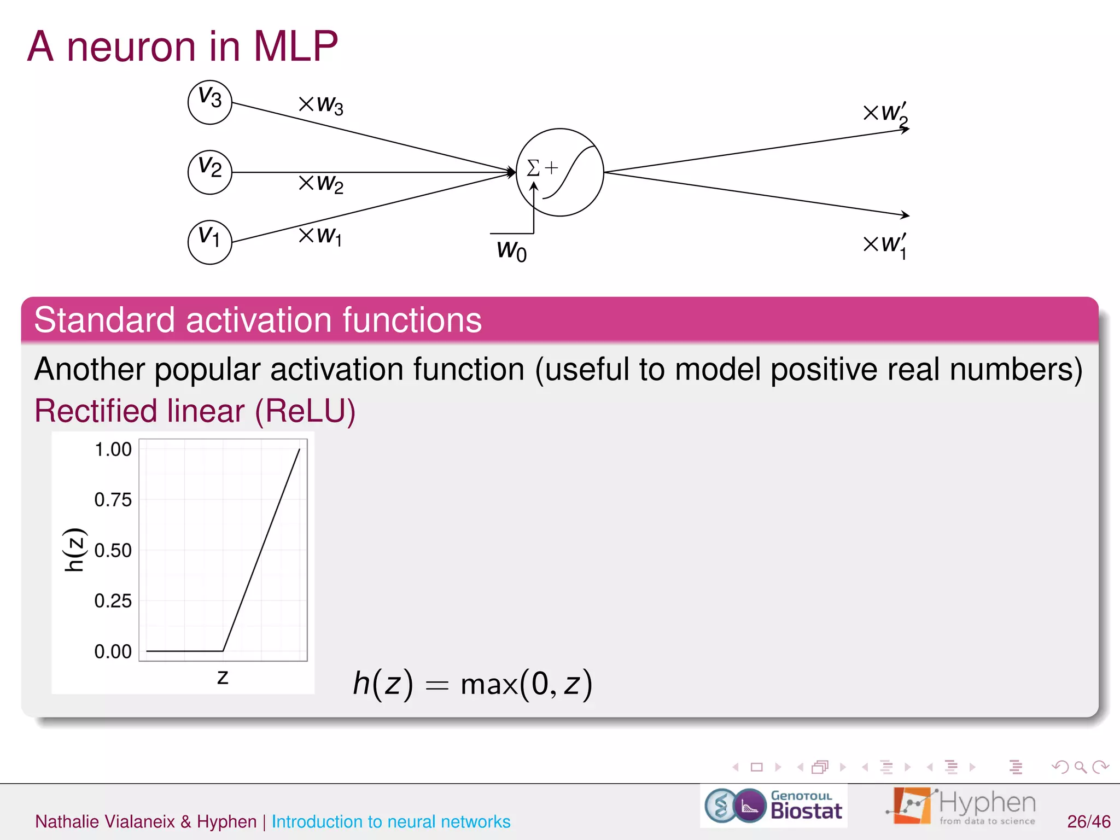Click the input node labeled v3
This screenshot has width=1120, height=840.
[209, 102]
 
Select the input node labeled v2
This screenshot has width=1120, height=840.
[209, 172]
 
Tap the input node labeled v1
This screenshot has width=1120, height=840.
[209, 242]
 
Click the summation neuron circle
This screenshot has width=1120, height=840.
[559, 172]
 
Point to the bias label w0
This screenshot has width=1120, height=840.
[511, 251]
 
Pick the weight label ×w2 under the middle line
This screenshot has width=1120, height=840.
[321, 183]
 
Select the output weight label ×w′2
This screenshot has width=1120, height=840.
[885, 114]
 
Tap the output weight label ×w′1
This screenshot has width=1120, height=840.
[885, 244]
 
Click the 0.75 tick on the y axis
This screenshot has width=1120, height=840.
[113, 500]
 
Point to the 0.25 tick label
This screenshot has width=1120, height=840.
[113, 601]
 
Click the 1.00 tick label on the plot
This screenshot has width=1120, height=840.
[113, 450]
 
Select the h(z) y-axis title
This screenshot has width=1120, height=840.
[74, 550]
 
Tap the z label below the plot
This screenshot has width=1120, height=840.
[223, 677]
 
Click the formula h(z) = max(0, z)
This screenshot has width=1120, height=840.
[472, 684]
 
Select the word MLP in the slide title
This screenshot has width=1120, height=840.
[295, 46]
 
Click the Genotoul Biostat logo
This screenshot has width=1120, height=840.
[773, 806]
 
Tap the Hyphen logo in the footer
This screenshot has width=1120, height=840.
[961, 806]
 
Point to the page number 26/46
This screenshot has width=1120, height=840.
[1088, 821]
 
